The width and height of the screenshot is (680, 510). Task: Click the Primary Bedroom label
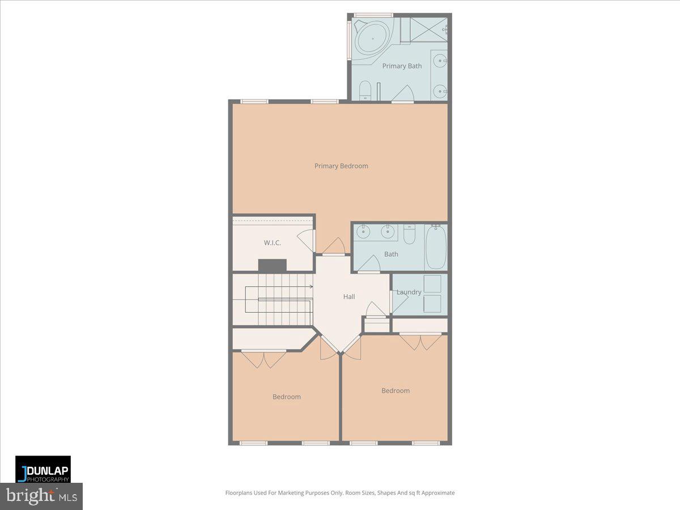click(x=341, y=166)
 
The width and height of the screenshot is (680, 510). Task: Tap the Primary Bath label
click(x=402, y=66)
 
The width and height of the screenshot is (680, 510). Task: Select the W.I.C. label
click(x=272, y=243)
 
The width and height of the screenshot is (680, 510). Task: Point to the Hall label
click(x=349, y=296)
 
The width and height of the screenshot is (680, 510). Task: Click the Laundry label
click(x=409, y=292)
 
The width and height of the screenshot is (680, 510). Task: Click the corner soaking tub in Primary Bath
click(x=372, y=37)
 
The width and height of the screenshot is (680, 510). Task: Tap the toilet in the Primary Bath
click(x=365, y=90)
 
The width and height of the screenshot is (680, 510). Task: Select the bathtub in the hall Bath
click(x=436, y=247)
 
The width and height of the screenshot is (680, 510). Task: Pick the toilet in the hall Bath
click(x=409, y=233)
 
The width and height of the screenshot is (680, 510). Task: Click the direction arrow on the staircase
click(x=309, y=287)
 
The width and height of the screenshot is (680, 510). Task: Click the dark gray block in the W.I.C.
click(x=272, y=265)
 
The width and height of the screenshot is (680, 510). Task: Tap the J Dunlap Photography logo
click(x=43, y=469)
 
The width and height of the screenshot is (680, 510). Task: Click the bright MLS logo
click(x=41, y=496)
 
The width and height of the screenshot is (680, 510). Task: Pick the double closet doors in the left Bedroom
click(x=263, y=359)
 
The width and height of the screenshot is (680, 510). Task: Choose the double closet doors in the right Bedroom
click(x=420, y=342)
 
